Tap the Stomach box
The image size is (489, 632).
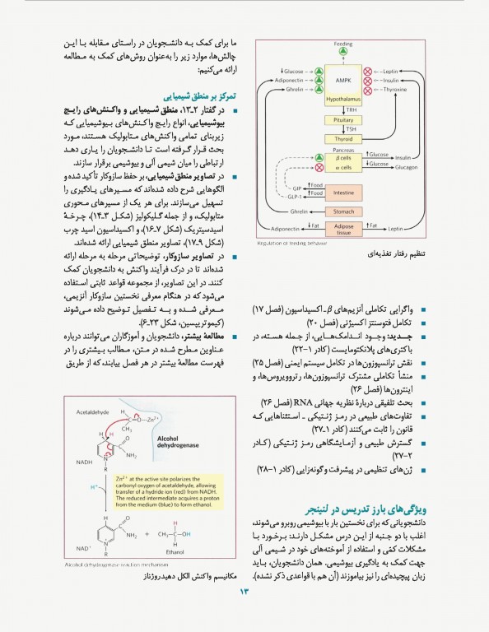(343, 211)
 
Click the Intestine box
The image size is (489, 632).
(343, 193)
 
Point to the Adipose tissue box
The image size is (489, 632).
(343, 229)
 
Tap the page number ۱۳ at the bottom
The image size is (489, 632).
(244, 615)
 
